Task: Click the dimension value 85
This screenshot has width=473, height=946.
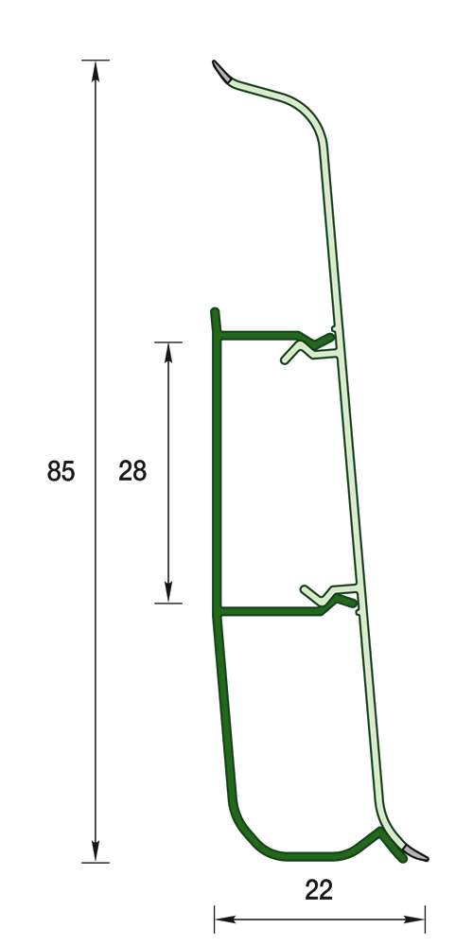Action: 61,471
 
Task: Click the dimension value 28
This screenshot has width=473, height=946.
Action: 132,471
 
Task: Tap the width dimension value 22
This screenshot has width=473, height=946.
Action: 319,890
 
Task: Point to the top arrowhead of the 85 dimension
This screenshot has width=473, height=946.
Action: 96,71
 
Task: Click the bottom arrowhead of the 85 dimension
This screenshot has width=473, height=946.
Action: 96,851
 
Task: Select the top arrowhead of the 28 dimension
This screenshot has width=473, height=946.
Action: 168,353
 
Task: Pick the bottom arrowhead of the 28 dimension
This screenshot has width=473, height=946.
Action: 168,592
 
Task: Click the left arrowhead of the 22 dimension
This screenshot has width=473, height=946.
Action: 225,920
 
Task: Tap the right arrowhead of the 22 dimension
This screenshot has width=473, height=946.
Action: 414,920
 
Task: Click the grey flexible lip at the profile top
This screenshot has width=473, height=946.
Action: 220,71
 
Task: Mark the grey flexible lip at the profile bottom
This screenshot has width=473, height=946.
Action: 415,853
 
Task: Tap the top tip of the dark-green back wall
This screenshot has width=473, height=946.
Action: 214,310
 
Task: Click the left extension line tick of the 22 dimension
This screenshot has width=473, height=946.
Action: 214,920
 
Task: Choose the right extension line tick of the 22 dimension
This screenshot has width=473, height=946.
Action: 426,920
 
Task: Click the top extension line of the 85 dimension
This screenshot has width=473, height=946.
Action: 96,61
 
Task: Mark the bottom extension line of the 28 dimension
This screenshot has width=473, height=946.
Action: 168,603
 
